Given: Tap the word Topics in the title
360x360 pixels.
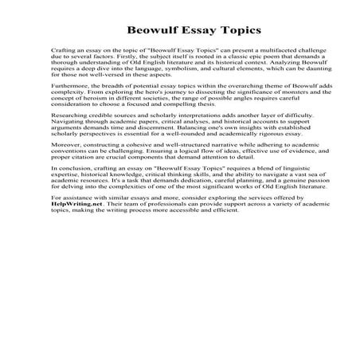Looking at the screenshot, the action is [236, 31].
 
